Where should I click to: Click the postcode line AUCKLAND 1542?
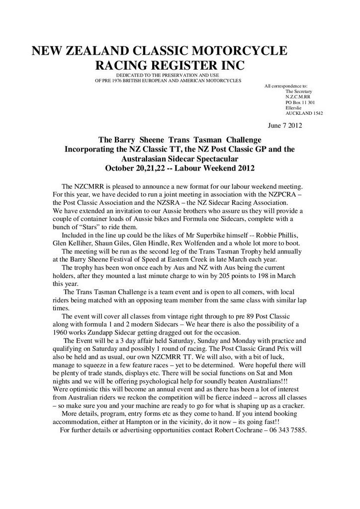(x=304, y=113)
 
